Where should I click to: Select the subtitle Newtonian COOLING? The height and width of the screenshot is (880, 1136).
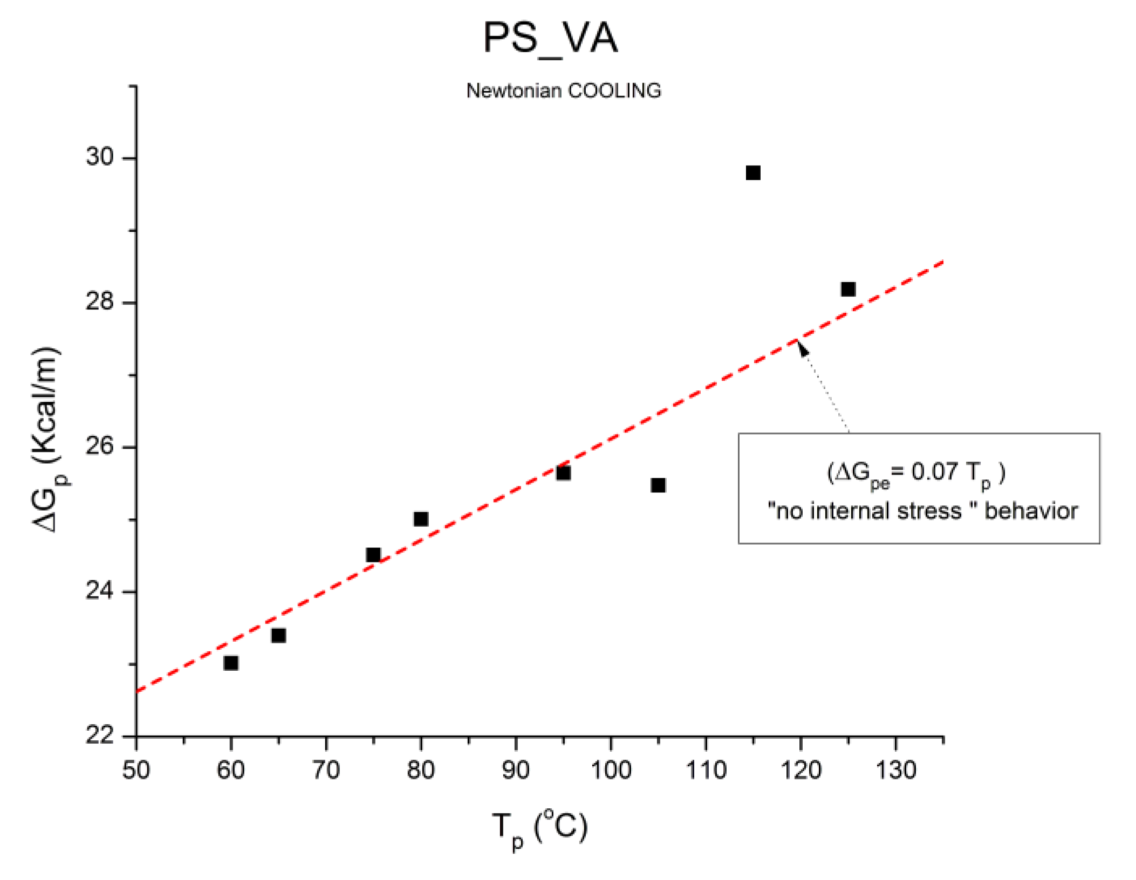[x=563, y=91]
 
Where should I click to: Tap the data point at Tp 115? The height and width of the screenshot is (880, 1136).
[x=752, y=173]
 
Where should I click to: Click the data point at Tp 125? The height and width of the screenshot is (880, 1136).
[x=847, y=289]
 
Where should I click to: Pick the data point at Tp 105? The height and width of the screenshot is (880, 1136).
[x=658, y=485]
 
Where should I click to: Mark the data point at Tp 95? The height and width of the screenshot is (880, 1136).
[x=563, y=473]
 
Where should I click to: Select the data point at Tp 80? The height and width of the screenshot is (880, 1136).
[x=421, y=519]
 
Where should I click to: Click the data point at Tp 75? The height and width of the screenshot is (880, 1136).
[x=373, y=554]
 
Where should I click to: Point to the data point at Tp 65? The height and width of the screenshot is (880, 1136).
[x=278, y=635]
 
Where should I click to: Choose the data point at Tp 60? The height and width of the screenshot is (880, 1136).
[x=230, y=663]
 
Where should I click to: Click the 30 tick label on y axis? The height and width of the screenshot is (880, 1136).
[x=100, y=157]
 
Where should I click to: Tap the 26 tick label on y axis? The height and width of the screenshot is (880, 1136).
[x=100, y=446]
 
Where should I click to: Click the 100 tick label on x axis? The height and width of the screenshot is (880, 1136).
[x=611, y=770]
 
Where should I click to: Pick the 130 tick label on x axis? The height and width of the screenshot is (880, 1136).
[x=895, y=770]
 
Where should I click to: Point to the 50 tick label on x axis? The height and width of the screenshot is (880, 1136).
[x=136, y=770]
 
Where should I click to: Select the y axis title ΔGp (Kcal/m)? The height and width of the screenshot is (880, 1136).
[x=47, y=439]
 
